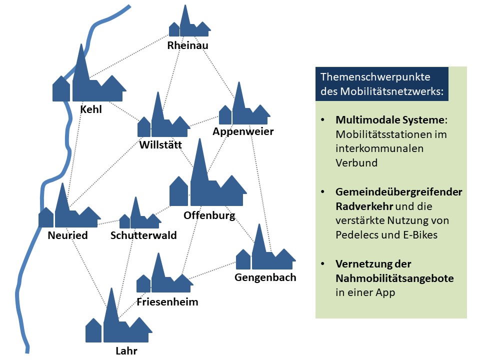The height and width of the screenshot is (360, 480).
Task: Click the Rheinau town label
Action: click(x=188, y=46)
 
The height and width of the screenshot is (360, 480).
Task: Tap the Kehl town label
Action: click(x=91, y=109)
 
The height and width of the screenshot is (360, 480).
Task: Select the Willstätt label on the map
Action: click(x=161, y=145)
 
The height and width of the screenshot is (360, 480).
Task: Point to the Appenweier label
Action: click(x=243, y=131)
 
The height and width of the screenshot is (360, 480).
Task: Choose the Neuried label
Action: click(x=67, y=235)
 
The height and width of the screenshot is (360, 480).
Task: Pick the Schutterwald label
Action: click(x=143, y=235)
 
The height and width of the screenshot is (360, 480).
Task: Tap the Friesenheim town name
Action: click(x=167, y=301)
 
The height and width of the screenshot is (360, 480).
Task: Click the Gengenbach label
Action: click(x=265, y=277)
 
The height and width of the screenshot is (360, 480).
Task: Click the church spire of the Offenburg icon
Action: click(x=200, y=160)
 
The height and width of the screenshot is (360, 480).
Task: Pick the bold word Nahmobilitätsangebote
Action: click(x=394, y=278)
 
